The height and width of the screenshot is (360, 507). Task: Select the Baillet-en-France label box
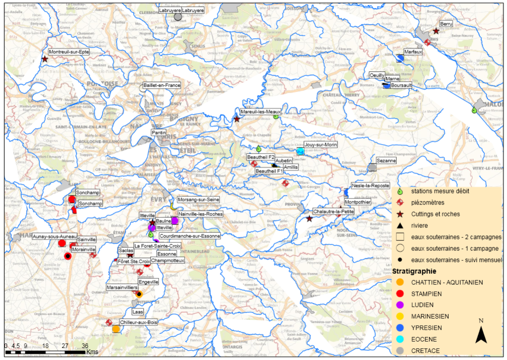(x=162, y=85)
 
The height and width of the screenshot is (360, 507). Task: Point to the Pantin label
(x=159, y=133)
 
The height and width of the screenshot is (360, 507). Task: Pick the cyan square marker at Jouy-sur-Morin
(x=300, y=151)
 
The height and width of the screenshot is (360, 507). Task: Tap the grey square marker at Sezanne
(x=373, y=168)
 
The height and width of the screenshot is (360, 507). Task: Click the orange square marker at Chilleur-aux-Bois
(x=116, y=329)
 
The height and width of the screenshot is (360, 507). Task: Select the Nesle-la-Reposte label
(x=368, y=185)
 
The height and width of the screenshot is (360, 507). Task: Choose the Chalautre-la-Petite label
(x=333, y=211)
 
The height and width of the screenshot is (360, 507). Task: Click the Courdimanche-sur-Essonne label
(x=189, y=236)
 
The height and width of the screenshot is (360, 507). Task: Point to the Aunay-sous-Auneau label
(x=55, y=236)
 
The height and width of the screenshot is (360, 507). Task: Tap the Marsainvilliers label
(x=122, y=288)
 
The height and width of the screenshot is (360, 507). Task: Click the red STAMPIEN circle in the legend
(x=400, y=293)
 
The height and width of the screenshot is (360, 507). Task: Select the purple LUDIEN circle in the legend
(x=400, y=305)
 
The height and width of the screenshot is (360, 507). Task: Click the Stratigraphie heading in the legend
(x=414, y=271)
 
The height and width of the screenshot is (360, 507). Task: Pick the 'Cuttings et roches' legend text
(x=435, y=214)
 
